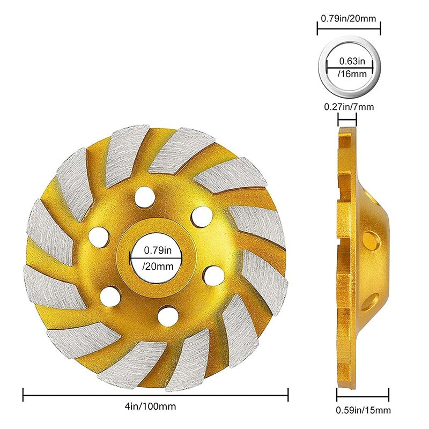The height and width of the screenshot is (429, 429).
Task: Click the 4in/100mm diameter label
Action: (150, 406)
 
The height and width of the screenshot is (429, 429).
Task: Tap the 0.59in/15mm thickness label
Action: (363, 410)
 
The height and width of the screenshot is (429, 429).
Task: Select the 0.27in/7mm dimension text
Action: (349, 106)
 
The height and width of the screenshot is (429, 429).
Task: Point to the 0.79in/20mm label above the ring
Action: (348, 18)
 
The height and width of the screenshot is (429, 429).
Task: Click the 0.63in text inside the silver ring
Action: (352, 61)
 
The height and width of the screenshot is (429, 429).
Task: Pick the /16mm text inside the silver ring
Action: (352, 73)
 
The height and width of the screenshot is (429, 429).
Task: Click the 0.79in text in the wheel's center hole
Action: (158, 250)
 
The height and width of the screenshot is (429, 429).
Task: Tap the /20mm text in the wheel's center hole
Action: (158, 266)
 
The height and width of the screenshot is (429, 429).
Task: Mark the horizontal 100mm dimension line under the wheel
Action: (156, 395)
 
